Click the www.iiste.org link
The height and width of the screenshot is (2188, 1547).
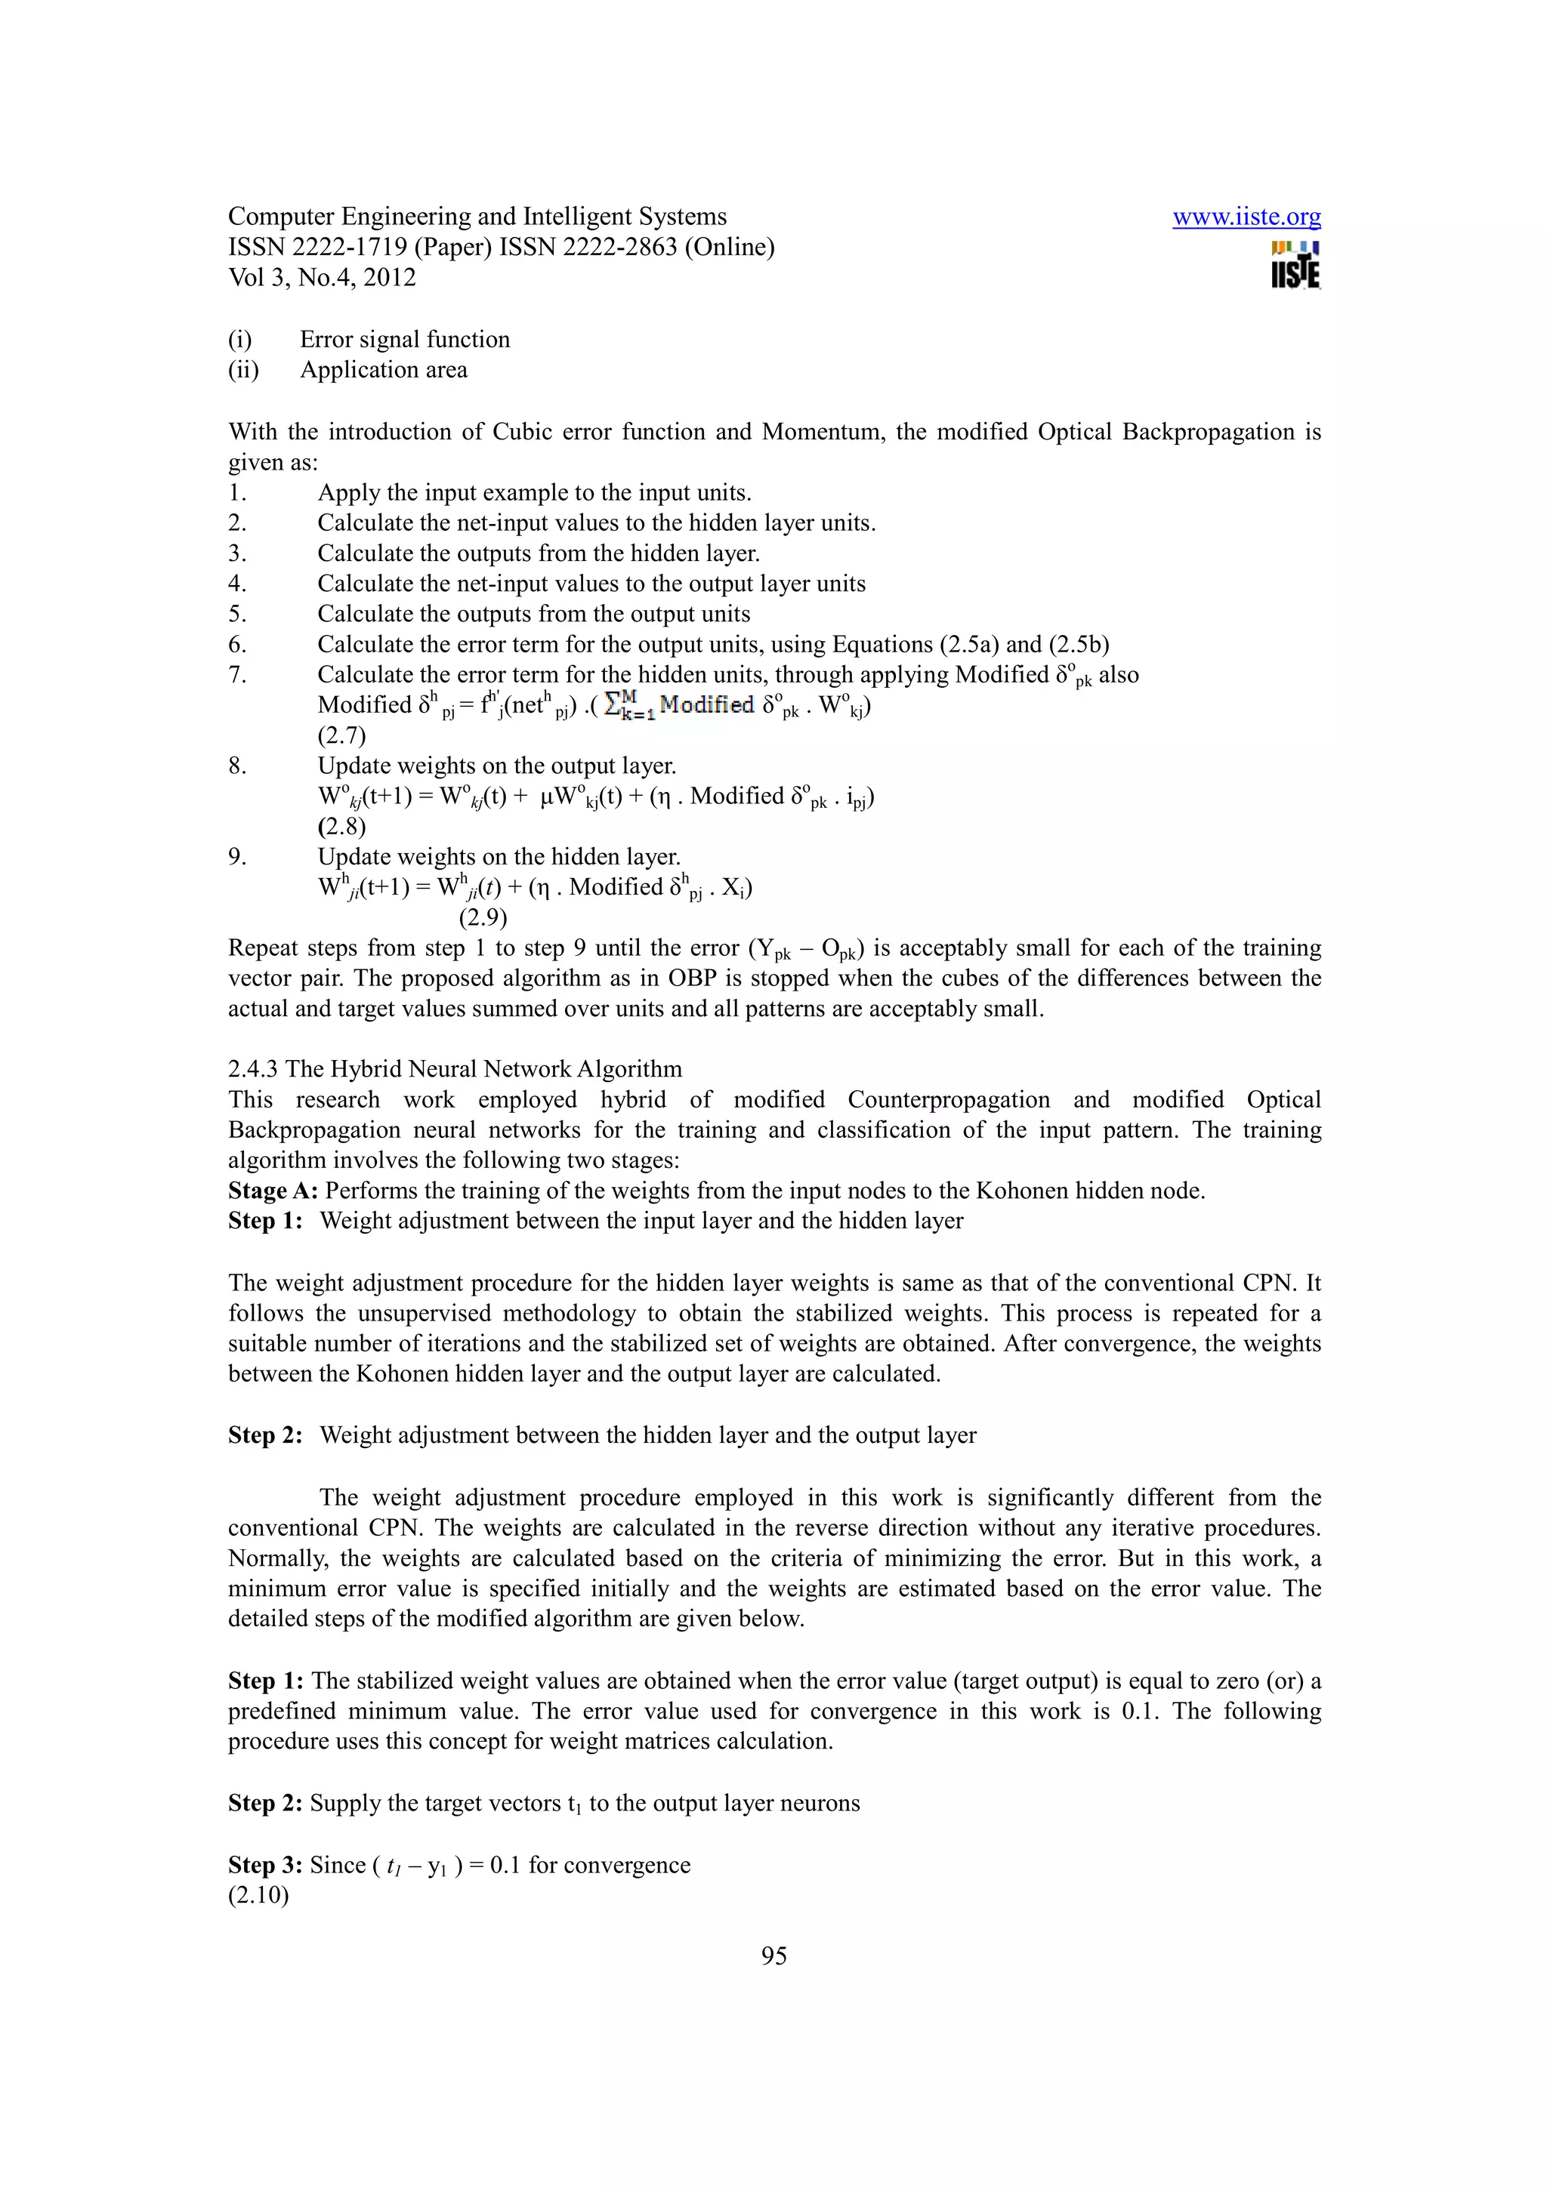coord(1246,217)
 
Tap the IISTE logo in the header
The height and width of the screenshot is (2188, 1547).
coord(1295,266)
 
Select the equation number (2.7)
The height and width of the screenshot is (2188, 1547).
coord(341,735)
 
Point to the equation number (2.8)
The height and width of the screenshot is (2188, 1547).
coord(341,826)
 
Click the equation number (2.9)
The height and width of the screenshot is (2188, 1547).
coord(483,917)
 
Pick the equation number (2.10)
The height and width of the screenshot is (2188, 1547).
coord(258,1894)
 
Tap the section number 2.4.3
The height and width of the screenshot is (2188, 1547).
coord(254,1069)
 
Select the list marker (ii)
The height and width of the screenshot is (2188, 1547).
coord(243,370)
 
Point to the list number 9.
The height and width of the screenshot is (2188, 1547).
coord(236,857)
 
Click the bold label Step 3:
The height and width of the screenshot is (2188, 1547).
coord(265,1864)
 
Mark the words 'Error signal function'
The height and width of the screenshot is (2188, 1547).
coord(405,339)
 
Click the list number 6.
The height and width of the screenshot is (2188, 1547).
coord(236,644)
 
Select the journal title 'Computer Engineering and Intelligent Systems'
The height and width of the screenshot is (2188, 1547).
coord(477,217)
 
